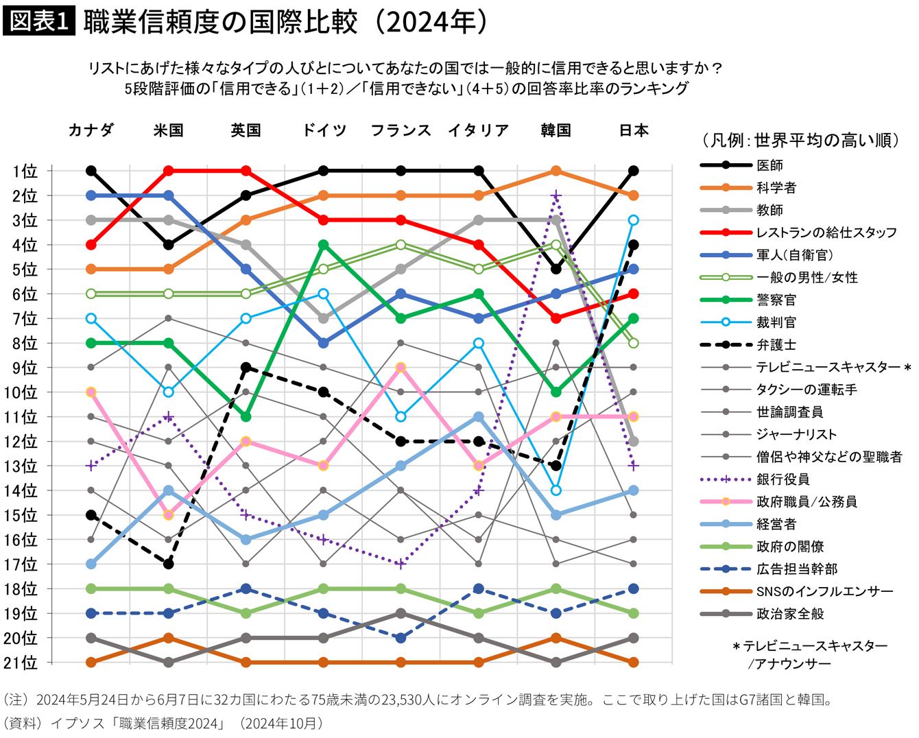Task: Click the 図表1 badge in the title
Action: click(x=38, y=22)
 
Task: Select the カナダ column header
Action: click(x=91, y=130)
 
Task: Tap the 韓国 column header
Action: click(x=556, y=130)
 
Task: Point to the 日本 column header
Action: click(x=633, y=130)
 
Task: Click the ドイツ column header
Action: click(x=324, y=130)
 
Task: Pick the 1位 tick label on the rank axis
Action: click(x=25, y=171)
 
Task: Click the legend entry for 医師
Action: click(x=769, y=165)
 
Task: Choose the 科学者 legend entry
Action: click(x=776, y=188)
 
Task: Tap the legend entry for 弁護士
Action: click(x=776, y=345)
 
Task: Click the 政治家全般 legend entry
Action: click(x=790, y=614)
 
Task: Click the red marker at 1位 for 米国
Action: click(x=169, y=171)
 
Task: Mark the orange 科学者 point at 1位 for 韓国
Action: click(x=556, y=171)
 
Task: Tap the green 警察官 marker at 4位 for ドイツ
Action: click(x=324, y=244)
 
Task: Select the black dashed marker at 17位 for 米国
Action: click(x=169, y=564)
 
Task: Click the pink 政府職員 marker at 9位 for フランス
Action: click(x=401, y=368)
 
